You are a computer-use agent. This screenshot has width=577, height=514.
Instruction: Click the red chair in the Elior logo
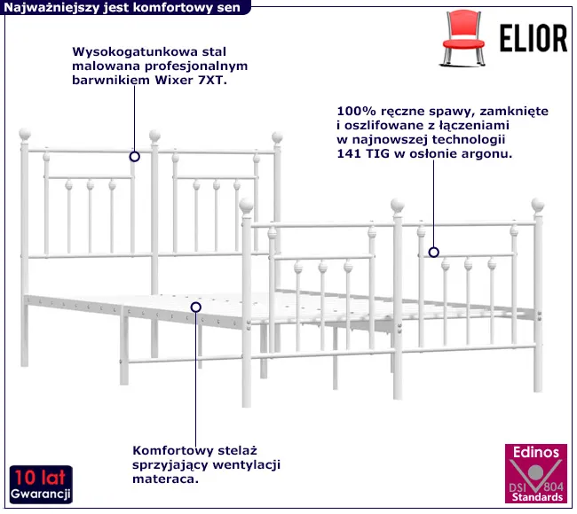click(462, 38)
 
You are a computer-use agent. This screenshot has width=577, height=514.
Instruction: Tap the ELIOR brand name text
click(534, 38)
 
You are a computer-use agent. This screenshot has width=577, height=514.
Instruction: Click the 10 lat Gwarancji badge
click(41, 484)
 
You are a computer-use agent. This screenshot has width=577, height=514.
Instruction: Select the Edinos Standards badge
click(536, 473)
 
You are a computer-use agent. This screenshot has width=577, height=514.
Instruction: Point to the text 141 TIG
click(363, 153)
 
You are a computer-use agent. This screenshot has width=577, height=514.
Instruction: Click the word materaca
click(166, 479)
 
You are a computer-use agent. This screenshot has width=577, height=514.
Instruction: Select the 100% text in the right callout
click(356, 111)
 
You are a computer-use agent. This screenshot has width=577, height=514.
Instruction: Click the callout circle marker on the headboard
click(135, 157)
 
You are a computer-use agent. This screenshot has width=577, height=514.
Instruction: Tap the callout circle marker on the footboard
click(434, 253)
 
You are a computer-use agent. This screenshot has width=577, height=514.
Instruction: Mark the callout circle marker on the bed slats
click(196, 308)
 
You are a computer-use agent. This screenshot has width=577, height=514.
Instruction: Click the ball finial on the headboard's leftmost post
click(25, 135)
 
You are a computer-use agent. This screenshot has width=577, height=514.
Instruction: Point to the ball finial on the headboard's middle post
click(155, 136)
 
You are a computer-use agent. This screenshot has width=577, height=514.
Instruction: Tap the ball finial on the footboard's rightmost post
click(538, 205)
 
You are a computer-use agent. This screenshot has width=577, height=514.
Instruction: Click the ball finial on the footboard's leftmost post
click(246, 206)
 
